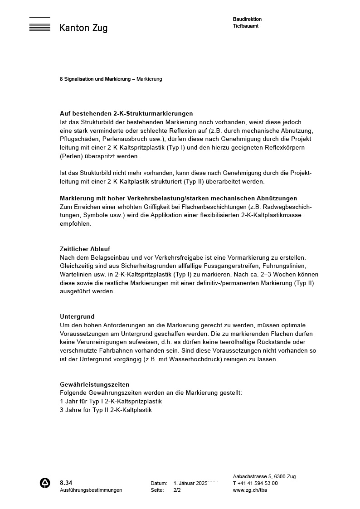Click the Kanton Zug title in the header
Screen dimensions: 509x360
[x=83, y=28]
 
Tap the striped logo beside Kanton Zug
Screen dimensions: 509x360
[x=39, y=24]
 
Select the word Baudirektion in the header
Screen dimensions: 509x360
[x=247, y=19]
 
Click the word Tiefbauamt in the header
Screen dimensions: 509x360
[x=246, y=26]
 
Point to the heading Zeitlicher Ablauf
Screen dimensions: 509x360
[x=85, y=249]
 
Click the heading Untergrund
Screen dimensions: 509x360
[x=77, y=316]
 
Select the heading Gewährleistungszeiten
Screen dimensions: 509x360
[x=95, y=384]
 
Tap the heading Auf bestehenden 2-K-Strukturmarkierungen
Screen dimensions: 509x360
[x=126, y=113]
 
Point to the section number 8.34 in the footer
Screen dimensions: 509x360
[x=66, y=483]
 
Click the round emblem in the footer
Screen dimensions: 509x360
[x=45, y=483]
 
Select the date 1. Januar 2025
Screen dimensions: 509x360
[x=190, y=483]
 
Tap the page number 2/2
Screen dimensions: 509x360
[x=177, y=490]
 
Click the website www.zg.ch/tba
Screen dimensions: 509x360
[x=250, y=490]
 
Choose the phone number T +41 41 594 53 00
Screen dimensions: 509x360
[x=255, y=483]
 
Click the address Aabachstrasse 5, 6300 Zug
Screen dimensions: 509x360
[x=264, y=476]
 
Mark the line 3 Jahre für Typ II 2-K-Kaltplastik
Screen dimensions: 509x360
[x=106, y=410]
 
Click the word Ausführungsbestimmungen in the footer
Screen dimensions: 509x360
[x=91, y=490]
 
